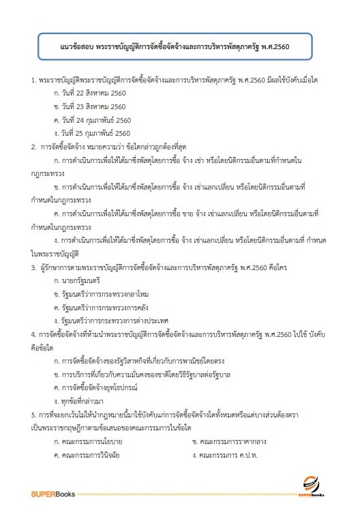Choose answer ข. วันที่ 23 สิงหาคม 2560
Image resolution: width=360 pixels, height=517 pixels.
pos(89,107)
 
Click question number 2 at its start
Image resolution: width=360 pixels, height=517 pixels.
pos(34,146)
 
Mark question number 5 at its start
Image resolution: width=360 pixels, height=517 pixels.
pos(34,395)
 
